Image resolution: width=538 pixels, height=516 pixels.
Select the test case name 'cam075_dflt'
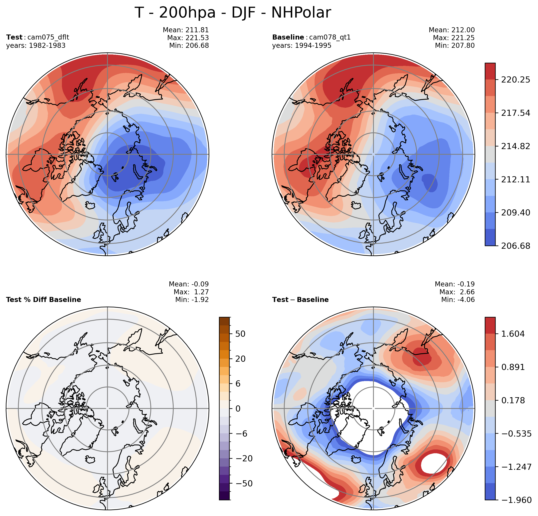click(x=48, y=37)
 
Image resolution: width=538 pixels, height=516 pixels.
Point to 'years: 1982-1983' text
click(x=36, y=46)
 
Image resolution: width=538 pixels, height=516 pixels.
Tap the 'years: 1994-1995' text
click(x=302, y=46)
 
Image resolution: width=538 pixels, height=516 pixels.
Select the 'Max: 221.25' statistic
click(x=454, y=38)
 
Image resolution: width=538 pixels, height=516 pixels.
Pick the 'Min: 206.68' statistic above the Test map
click(x=189, y=46)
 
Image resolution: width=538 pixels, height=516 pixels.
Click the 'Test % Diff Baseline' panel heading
click(x=43, y=300)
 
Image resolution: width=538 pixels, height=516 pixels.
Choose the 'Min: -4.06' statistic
click(x=458, y=300)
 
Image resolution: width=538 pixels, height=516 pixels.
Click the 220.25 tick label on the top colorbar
click(x=515, y=80)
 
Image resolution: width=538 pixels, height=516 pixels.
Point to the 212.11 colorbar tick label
click(x=515, y=179)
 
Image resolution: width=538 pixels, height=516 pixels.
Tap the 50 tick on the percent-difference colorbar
click(x=240, y=334)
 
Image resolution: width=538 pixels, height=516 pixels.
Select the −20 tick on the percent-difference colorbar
click(x=244, y=458)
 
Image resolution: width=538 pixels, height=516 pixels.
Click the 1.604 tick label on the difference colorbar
click(x=513, y=334)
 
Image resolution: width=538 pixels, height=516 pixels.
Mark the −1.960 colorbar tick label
click(x=516, y=500)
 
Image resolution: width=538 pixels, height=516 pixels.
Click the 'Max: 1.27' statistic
click(x=191, y=292)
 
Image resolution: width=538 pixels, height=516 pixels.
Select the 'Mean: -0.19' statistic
click(x=455, y=284)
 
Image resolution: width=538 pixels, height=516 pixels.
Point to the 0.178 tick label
click(x=513, y=400)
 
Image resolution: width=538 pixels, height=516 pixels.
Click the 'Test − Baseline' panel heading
click(x=300, y=300)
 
